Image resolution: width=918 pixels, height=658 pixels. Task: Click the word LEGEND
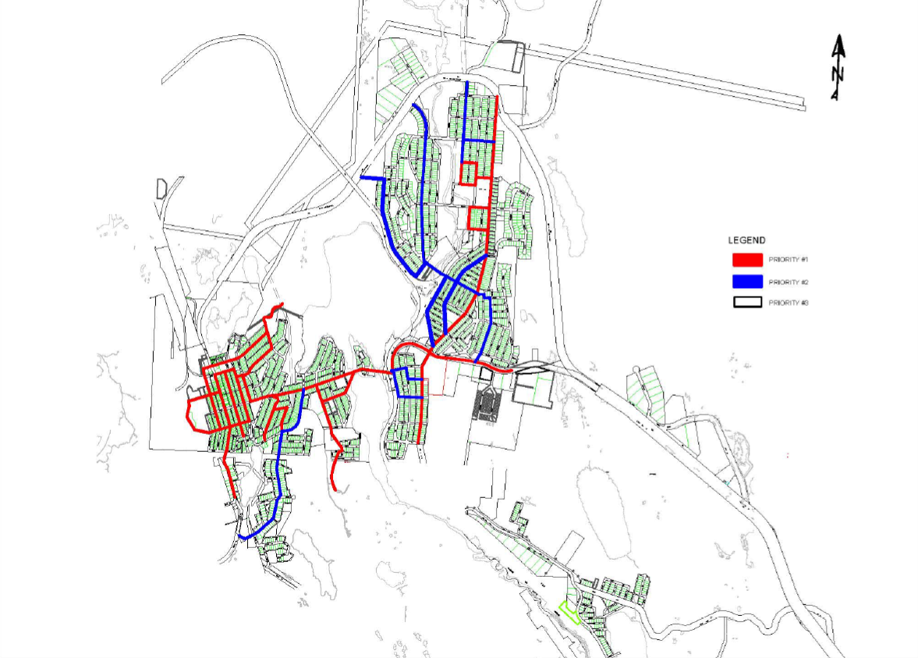(x=746, y=240)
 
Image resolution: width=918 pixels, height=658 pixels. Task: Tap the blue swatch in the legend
(x=747, y=281)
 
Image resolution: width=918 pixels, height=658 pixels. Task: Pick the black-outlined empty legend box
(x=747, y=303)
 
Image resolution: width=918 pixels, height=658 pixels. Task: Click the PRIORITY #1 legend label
(x=787, y=259)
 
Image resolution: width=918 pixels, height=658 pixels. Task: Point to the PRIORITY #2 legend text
(x=788, y=281)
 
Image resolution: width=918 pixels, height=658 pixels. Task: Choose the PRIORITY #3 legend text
(x=788, y=303)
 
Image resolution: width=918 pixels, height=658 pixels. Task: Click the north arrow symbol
(x=838, y=68)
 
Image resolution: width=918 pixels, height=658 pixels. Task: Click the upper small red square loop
(x=468, y=173)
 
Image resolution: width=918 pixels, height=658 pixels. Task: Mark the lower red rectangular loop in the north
(x=478, y=218)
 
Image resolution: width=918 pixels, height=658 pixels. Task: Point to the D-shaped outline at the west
(x=161, y=188)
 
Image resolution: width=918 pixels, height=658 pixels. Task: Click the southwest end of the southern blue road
(x=243, y=537)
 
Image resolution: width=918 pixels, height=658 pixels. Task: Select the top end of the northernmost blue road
(x=466, y=82)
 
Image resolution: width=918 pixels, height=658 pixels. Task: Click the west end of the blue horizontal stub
(x=361, y=179)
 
